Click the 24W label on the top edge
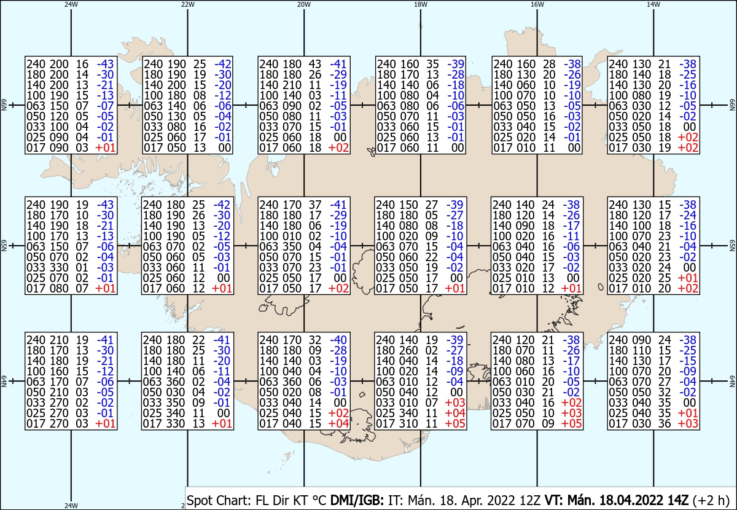[x=71, y=4]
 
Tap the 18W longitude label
[x=421, y=4]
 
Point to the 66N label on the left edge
[x=4, y=105]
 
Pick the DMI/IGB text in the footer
[x=357, y=500]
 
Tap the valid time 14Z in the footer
[x=678, y=500]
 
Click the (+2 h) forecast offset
[x=711, y=500]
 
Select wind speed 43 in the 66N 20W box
[x=315, y=64]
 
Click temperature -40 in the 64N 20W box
[x=338, y=340]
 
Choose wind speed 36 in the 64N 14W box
[x=665, y=423]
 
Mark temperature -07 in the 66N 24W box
[x=105, y=106]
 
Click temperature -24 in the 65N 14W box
[x=688, y=215]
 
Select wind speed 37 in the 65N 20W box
[x=315, y=205]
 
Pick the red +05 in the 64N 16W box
[x=572, y=423]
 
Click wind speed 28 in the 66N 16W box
[x=549, y=64]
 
